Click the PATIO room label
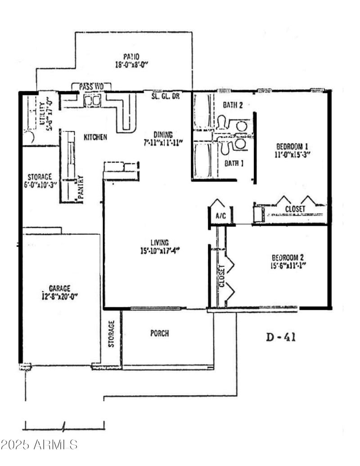pyautogui.click(x=131, y=57)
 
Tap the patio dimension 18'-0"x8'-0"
pyautogui.click(x=131, y=64)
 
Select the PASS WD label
pyautogui.click(x=91, y=86)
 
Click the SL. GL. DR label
pyautogui.click(x=165, y=96)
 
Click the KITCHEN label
pyautogui.click(x=95, y=136)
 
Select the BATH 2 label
pyautogui.click(x=233, y=105)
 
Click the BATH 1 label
pyautogui.click(x=234, y=163)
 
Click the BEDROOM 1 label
pyautogui.click(x=292, y=146)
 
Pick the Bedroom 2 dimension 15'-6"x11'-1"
pyautogui.click(x=288, y=265)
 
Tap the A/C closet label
pyautogui.click(x=220, y=216)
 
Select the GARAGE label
pyautogui.click(x=59, y=288)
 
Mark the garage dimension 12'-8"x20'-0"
pyautogui.click(x=59, y=296)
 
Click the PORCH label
pyautogui.click(x=160, y=334)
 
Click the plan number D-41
pyautogui.click(x=281, y=337)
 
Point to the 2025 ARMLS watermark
pyautogui.click(x=39, y=445)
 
